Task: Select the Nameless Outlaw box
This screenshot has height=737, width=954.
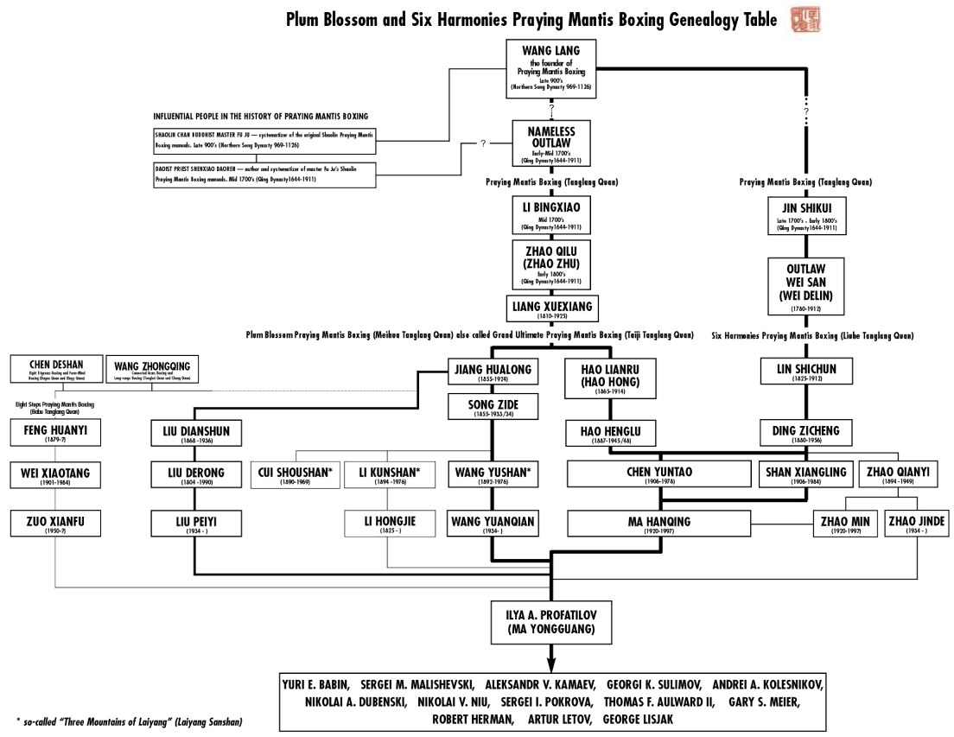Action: click(550, 142)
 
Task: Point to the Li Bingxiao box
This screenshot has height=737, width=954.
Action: click(550, 214)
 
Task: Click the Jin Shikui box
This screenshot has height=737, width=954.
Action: click(805, 216)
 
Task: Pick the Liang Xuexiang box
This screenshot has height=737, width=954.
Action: click(550, 308)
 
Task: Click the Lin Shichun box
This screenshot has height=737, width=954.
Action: click(805, 372)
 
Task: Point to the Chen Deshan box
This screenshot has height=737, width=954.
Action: click(55, 369)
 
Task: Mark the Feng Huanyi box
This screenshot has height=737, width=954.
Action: click(55, 432)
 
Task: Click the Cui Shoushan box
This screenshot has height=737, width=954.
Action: click(295, 476)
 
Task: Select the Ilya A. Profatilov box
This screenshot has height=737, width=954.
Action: click(550, 621)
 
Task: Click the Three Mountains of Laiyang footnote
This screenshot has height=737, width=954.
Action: click(130, 721)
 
